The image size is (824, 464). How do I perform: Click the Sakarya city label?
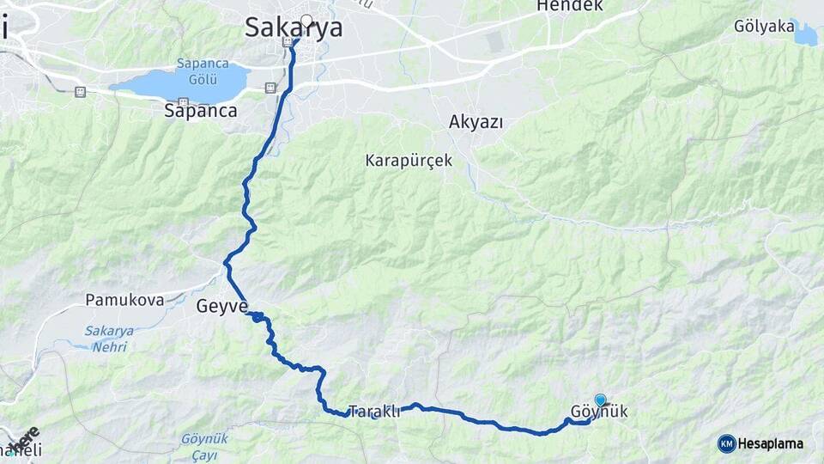294,27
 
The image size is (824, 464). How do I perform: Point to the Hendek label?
569,6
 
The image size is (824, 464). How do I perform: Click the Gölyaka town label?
764,27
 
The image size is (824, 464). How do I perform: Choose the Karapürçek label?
409,161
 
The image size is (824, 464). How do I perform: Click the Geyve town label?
222,306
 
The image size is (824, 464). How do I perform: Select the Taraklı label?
375,412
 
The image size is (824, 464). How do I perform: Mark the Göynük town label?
599,412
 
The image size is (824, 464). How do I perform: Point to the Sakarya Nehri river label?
106,339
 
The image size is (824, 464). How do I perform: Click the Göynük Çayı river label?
204,444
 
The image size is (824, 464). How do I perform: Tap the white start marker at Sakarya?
306,21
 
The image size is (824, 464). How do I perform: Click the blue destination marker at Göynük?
600,400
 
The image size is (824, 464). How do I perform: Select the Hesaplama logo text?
770,443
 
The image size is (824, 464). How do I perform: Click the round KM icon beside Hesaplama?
726,443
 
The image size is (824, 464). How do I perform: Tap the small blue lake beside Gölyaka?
806,34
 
